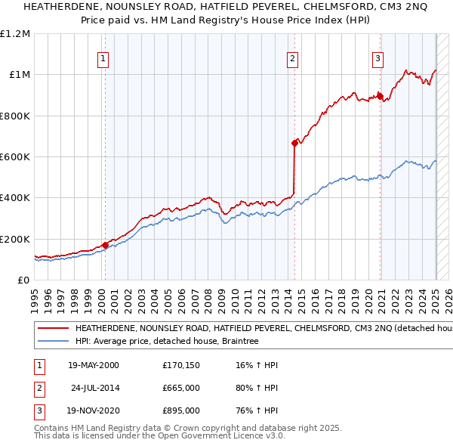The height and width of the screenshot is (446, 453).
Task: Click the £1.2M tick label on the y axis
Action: click(15, 33)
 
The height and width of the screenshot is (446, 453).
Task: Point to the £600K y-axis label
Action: click(15, 157)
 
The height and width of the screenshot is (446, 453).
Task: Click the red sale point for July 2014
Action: click(294, 143)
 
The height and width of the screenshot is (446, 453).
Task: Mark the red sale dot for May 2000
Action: click(105, 245)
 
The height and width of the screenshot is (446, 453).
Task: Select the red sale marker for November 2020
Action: click(381, 96)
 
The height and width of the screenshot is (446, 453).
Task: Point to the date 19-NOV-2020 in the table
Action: click(94, 412)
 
